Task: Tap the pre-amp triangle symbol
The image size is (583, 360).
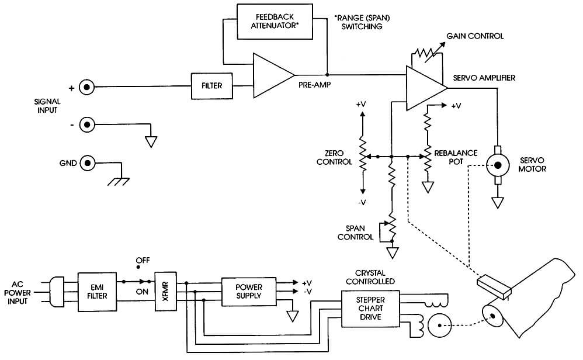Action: coord(273,75)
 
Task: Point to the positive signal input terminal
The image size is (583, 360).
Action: coord(87,88)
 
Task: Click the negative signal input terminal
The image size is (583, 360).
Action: coord(87,124)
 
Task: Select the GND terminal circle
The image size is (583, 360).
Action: coord(88,163)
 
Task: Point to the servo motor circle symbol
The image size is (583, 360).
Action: coord(498,165)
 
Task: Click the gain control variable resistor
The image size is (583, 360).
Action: coord(428,53)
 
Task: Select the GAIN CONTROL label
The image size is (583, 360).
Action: coord(475,36)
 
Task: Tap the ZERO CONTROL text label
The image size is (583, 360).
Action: coord(334,157)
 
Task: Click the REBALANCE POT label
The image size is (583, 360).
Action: coord(456,157)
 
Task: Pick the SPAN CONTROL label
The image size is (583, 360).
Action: coord(355,233)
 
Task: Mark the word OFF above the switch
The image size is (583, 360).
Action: coord(143,260)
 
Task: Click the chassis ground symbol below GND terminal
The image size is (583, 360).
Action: coord(118,182)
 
